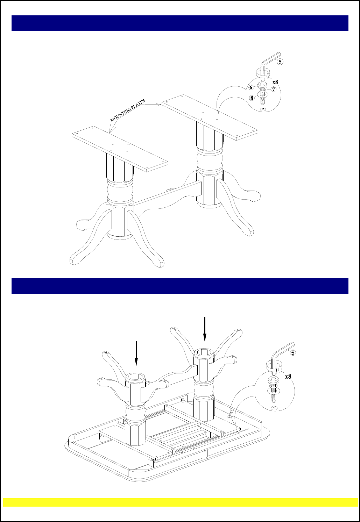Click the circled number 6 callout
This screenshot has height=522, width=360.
[251, 88]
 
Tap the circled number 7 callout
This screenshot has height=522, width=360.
[274, 89]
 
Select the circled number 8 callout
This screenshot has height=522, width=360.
[252, 98]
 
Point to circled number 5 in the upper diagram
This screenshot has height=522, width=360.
[280, 62]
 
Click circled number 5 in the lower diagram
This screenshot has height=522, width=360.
[293, 352]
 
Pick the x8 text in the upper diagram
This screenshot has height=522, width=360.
[275, 82]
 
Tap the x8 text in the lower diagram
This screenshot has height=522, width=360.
[288, 376]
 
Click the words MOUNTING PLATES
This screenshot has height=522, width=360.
[128, 110]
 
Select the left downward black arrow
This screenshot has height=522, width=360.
[136, 353]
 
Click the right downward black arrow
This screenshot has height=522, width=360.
[205, 329]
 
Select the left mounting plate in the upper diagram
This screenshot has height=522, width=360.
[120, 149]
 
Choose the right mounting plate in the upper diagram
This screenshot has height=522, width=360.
[210, 117]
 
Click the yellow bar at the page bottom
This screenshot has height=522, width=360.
[181, 502]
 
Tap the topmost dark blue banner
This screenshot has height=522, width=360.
[180, 23]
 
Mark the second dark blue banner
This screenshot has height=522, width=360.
[180, 286]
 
